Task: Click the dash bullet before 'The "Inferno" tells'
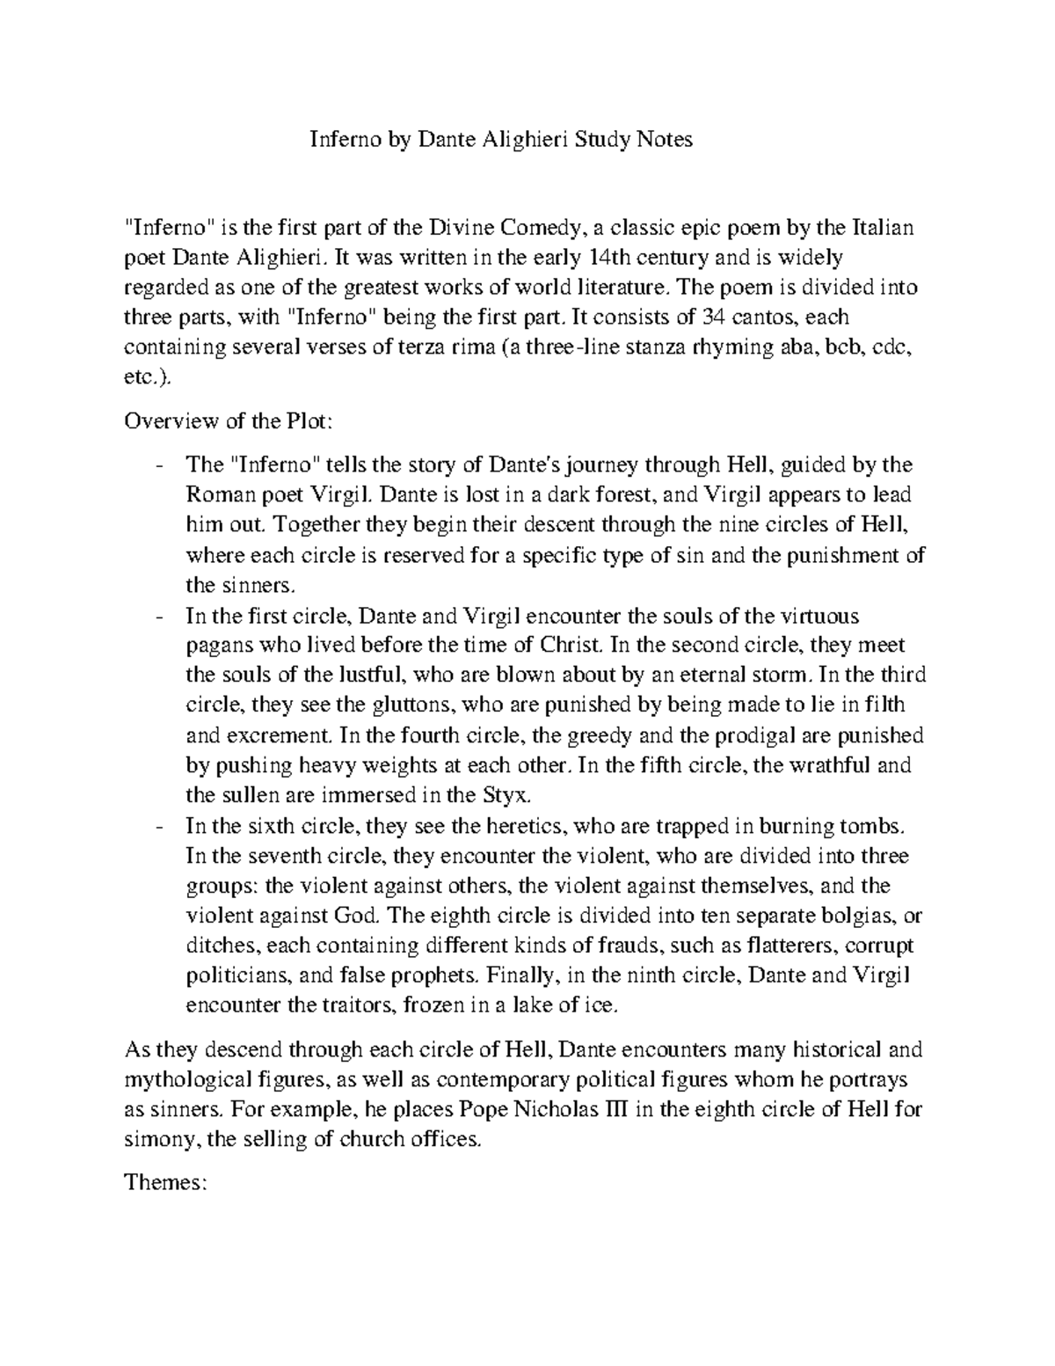[157, 464]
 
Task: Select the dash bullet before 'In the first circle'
[157, 615]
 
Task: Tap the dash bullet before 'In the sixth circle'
[157, 826]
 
